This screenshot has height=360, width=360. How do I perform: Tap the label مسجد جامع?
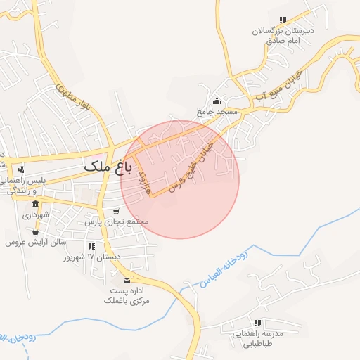(x=219, y=112)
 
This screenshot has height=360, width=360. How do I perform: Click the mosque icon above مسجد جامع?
(x=217, y=101)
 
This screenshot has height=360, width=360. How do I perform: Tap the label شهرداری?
(x=35, y=215)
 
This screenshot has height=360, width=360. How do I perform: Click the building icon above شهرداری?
(x=35, y=205)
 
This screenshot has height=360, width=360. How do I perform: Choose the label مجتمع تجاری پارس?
(x=117, y=221)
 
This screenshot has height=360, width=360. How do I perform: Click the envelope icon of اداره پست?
(x=127, y=280)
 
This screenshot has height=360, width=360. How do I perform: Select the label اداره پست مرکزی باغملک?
(x=127, y=295)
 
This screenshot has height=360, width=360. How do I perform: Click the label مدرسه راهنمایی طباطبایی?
(x=257, y=338)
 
